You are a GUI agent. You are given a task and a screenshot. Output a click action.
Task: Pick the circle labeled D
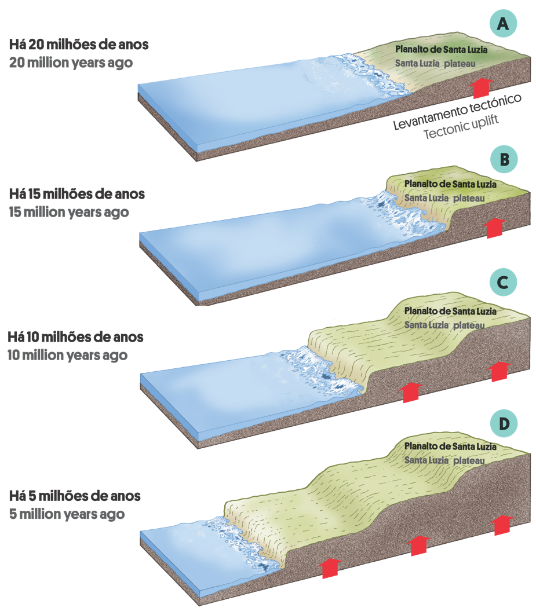coord(504,424)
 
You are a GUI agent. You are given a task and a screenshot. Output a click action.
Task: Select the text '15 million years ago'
coord(69,212)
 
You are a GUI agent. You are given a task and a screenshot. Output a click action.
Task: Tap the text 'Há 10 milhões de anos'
coord(76,336)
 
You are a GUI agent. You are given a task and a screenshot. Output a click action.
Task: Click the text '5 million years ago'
coord(67,514)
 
